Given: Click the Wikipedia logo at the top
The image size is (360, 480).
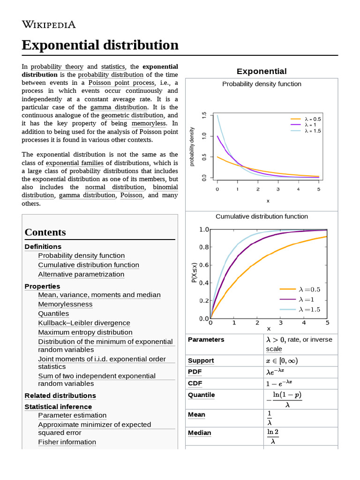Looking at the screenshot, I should (x=49, y=25).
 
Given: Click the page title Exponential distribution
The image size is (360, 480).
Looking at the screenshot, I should (x=100, y=45).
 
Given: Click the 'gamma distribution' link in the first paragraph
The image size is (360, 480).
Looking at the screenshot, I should (x=119, y=107).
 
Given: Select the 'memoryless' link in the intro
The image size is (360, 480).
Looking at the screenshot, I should (x=149, y=123).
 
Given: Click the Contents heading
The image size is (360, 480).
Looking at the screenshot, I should (x=45, y=232).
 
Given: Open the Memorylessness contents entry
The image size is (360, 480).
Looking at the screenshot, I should (x=65, y=304).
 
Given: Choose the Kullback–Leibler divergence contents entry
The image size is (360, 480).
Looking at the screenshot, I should (x=84, y=323).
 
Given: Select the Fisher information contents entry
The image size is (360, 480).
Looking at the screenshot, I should (x=67, y=442).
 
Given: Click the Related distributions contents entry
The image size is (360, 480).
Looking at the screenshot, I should (x=60, y=396).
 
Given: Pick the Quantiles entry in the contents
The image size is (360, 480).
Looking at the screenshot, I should (x=53, y=314).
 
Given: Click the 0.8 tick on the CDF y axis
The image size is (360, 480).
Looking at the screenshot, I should (x=204, y=247).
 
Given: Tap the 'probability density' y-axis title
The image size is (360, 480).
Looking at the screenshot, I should (x=192, y=147).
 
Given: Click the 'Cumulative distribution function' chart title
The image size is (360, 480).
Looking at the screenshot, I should (x=262, y=217).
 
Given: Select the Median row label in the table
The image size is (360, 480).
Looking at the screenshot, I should (x=199, y=433).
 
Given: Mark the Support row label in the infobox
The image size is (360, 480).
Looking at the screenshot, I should (x=201, y=360).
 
